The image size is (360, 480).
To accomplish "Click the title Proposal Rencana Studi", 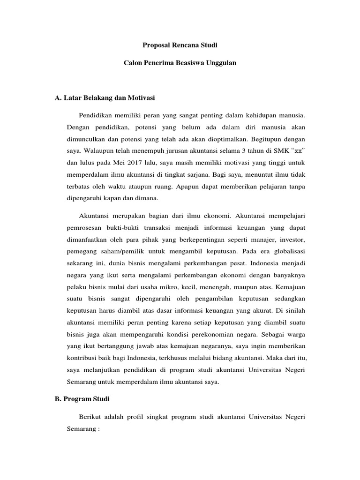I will pos(180,45).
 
